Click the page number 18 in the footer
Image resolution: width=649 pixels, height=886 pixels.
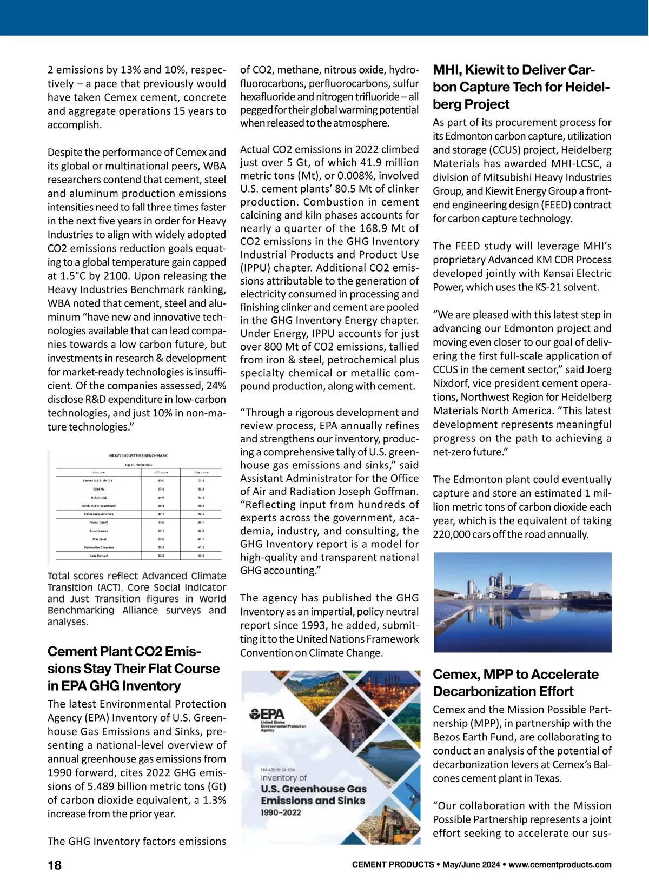pos(55,865)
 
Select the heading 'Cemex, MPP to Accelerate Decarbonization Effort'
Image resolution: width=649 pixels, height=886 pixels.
pos(515,683)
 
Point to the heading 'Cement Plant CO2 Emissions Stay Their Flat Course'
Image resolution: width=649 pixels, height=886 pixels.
pos(134,669)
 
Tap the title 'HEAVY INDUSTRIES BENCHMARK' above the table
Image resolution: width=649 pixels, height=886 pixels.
pos(138,456)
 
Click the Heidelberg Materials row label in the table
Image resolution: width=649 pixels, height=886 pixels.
pos(98,514)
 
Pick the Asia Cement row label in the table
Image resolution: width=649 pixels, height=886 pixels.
pos(98,556)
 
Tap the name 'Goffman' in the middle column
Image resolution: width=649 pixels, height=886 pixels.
pos(399,491)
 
